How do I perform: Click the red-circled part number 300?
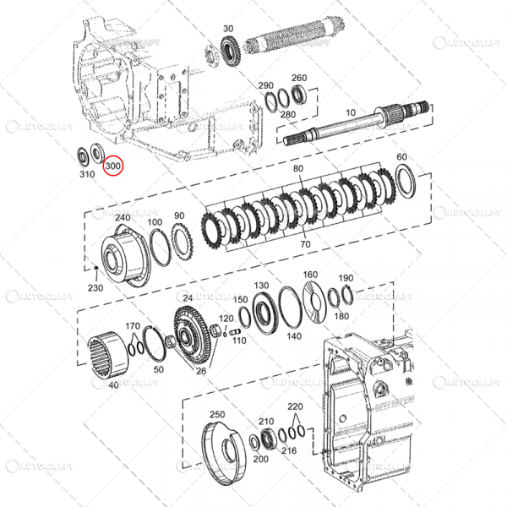click(112, 167)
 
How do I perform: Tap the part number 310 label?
click(86, 175)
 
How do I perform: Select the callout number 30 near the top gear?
click(228, 30)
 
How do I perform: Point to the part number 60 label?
click(401, 157)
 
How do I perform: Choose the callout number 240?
click(123, 217)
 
